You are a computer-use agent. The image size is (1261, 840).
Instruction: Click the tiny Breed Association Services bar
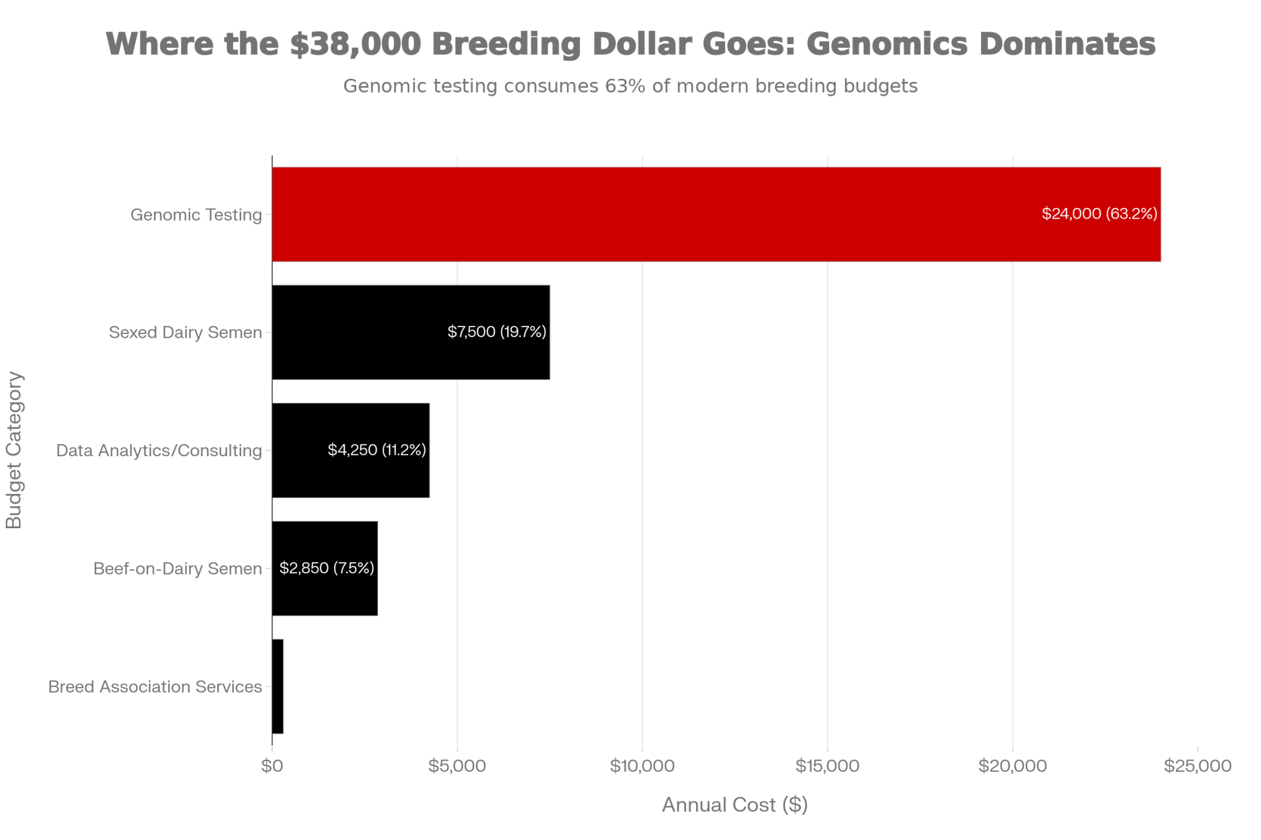tap(277, 686)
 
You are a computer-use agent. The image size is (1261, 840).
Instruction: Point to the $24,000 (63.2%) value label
tap(1099, 214)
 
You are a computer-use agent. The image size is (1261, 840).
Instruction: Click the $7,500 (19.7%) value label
tap(497, 331)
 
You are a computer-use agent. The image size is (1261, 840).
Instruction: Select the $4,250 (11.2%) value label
tap(377, 449)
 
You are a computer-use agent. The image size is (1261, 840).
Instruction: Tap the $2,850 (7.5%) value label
tap(327, 568)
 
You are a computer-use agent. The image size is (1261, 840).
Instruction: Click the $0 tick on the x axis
tap(272, 766)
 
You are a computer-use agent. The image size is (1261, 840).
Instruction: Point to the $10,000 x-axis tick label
tap(642, 766)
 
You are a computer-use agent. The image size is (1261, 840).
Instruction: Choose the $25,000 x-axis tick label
tap(1197, 766)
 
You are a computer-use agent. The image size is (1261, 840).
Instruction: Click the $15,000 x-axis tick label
tap(827, 766)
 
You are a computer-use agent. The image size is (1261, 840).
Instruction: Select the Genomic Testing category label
tap(196, 215)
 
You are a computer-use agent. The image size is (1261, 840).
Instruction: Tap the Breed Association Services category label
tap(155, 686)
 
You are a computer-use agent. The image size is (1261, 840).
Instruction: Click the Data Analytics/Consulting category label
tap(159, 451)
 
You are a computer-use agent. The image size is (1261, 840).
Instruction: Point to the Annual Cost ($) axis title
tap(735, 805)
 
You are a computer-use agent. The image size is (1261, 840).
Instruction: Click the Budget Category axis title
tap(14, 450)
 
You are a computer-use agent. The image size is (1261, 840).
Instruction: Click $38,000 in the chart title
tap(355, 44)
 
